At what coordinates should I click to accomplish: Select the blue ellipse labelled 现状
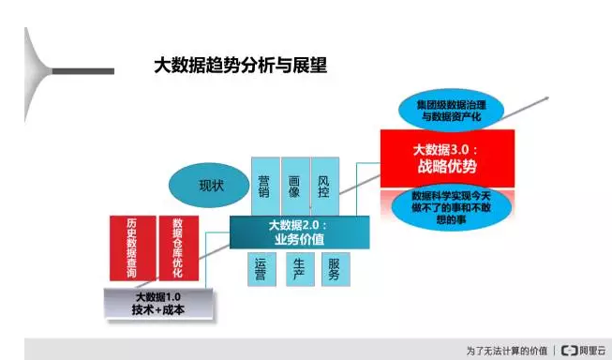coord(210,185)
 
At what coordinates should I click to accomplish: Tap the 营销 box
coord(265,184)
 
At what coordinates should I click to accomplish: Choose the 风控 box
coord(324,184)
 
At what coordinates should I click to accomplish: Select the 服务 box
coord(334,269)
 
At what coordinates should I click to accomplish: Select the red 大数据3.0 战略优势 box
coord(447,158)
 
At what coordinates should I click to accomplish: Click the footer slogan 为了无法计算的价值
coord(507,350)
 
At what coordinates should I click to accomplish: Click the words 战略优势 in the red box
coord(447,168)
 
